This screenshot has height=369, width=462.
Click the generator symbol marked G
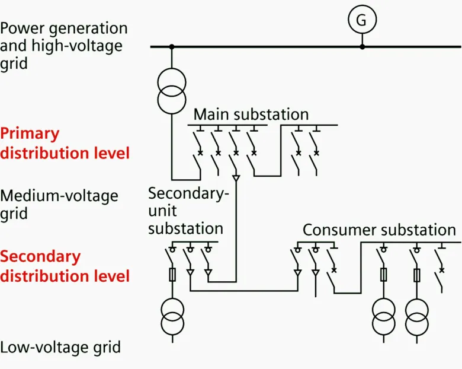click(361, 20)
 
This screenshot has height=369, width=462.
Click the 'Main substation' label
click(251, 114)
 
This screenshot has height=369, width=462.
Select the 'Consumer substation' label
click(379, 230)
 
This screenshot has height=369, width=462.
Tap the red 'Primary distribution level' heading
click(65, 143)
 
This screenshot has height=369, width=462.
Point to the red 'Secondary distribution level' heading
click(65, 266)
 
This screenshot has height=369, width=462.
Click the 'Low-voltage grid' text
click(60, 347)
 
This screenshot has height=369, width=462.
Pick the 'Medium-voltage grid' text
click(59, 204)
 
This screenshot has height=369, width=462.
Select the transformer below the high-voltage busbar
click(172, 88)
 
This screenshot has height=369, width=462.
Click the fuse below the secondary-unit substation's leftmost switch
click(173, 275)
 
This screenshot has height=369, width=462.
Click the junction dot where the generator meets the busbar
click(362, 46)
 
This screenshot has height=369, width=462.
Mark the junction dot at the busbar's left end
click(172, 46)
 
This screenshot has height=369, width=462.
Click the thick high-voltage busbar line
click(267, 46)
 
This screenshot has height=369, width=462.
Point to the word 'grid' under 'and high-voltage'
click(14, 62)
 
